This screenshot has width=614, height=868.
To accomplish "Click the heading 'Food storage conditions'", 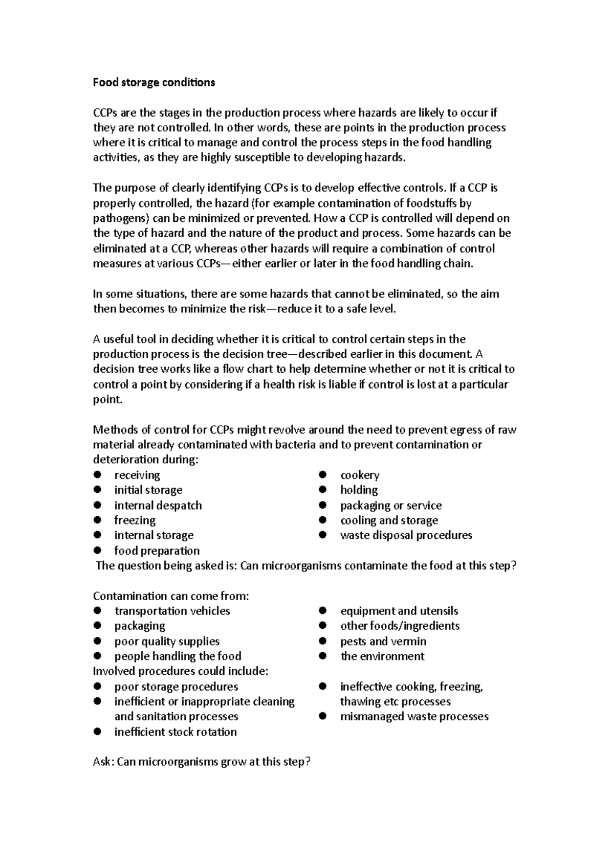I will coord(153,82).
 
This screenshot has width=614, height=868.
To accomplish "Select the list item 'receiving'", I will coord(137,475).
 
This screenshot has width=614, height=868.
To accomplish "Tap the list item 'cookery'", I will coord(360,475).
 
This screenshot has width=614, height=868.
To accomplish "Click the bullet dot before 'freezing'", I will coord(97,520).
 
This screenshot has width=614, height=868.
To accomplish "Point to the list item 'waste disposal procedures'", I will coord(406,535).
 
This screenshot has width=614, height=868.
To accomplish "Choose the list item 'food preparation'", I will coord(157,551).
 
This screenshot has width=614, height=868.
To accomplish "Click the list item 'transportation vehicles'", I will coord(172,611).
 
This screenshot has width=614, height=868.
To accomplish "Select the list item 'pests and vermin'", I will coord(383,641).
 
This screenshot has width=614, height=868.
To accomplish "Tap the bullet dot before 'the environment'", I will coord(322,656).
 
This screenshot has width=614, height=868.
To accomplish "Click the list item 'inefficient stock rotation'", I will coord(176,732).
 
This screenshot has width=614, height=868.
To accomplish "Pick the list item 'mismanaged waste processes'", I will coord(414,716).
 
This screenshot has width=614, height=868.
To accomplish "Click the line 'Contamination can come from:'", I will coord(171,596).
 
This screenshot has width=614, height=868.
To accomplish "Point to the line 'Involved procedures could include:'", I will coord(180,671).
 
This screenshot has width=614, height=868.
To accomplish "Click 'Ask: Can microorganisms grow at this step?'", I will coord(202,762).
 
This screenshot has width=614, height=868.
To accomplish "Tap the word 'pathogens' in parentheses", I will coord(120,218).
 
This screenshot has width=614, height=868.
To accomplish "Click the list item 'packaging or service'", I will coord(391,505).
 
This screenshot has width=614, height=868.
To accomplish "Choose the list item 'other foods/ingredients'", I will coord(400,626).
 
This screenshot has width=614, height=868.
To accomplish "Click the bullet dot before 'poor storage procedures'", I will coord(97,686).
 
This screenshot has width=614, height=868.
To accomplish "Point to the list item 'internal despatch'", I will coord(158,505).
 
